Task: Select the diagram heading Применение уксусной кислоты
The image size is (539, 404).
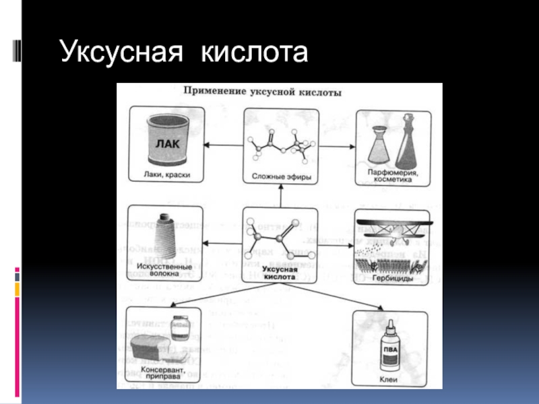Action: coord(263,92)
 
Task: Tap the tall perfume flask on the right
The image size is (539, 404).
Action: coord(409,141)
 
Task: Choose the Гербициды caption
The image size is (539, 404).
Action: coord(391,277)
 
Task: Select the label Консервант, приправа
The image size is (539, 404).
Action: coord(161,374)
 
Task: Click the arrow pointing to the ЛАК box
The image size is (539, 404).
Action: coord(222,143)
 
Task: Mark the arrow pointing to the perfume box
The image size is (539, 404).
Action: coord(337,143)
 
